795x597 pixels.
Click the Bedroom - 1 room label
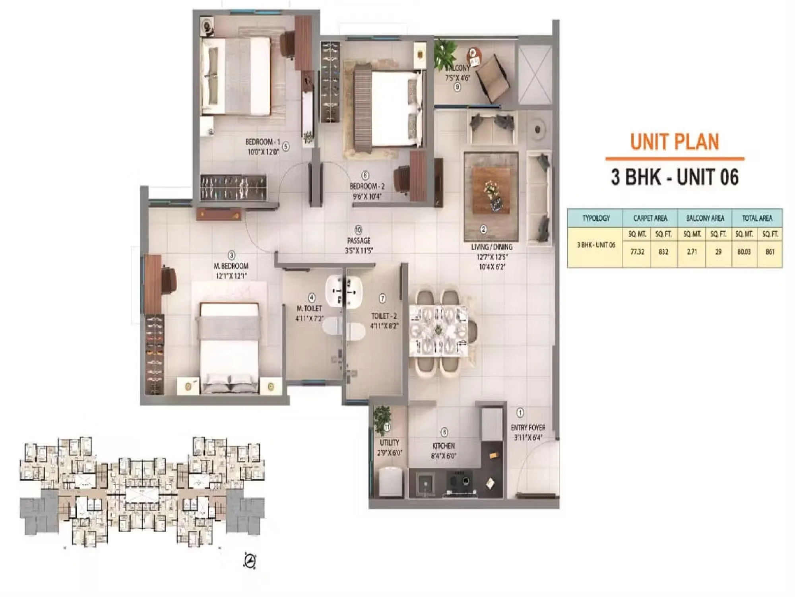pyautogui.click(x=262, y=142)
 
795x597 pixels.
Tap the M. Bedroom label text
pyautogui.click(x=231, y=266)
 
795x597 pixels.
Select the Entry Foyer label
pyautogui.click(x=528, y=428)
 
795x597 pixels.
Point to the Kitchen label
pyautogui.click(x=443, y=446)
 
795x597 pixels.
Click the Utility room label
pyautogui.click(x=389, y=443)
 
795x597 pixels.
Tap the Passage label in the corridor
pyautogui.click(x=359, y=240)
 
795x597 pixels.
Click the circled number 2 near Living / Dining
pyautogui.click(x=483, y=229)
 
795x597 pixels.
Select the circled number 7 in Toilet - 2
pyautogui.click(x=382, y=298)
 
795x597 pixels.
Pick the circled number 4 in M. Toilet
pyautogui.click(x=312, y=298)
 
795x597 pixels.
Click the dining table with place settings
pyautogui.click(x=439, y=330)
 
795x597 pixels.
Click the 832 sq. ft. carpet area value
pyautogui.click(x=663, y=252)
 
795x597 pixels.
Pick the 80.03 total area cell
pyautogui.click(x=744, y=252)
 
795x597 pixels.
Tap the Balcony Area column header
pyautogui.click(x=705, y=218)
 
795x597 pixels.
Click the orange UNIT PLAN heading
pyautogui.click(x=675, y=142)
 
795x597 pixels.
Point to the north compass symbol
pyautogui.click(x=250, y=561)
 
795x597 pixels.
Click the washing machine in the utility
pyautogui.click(x=391, y=482)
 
